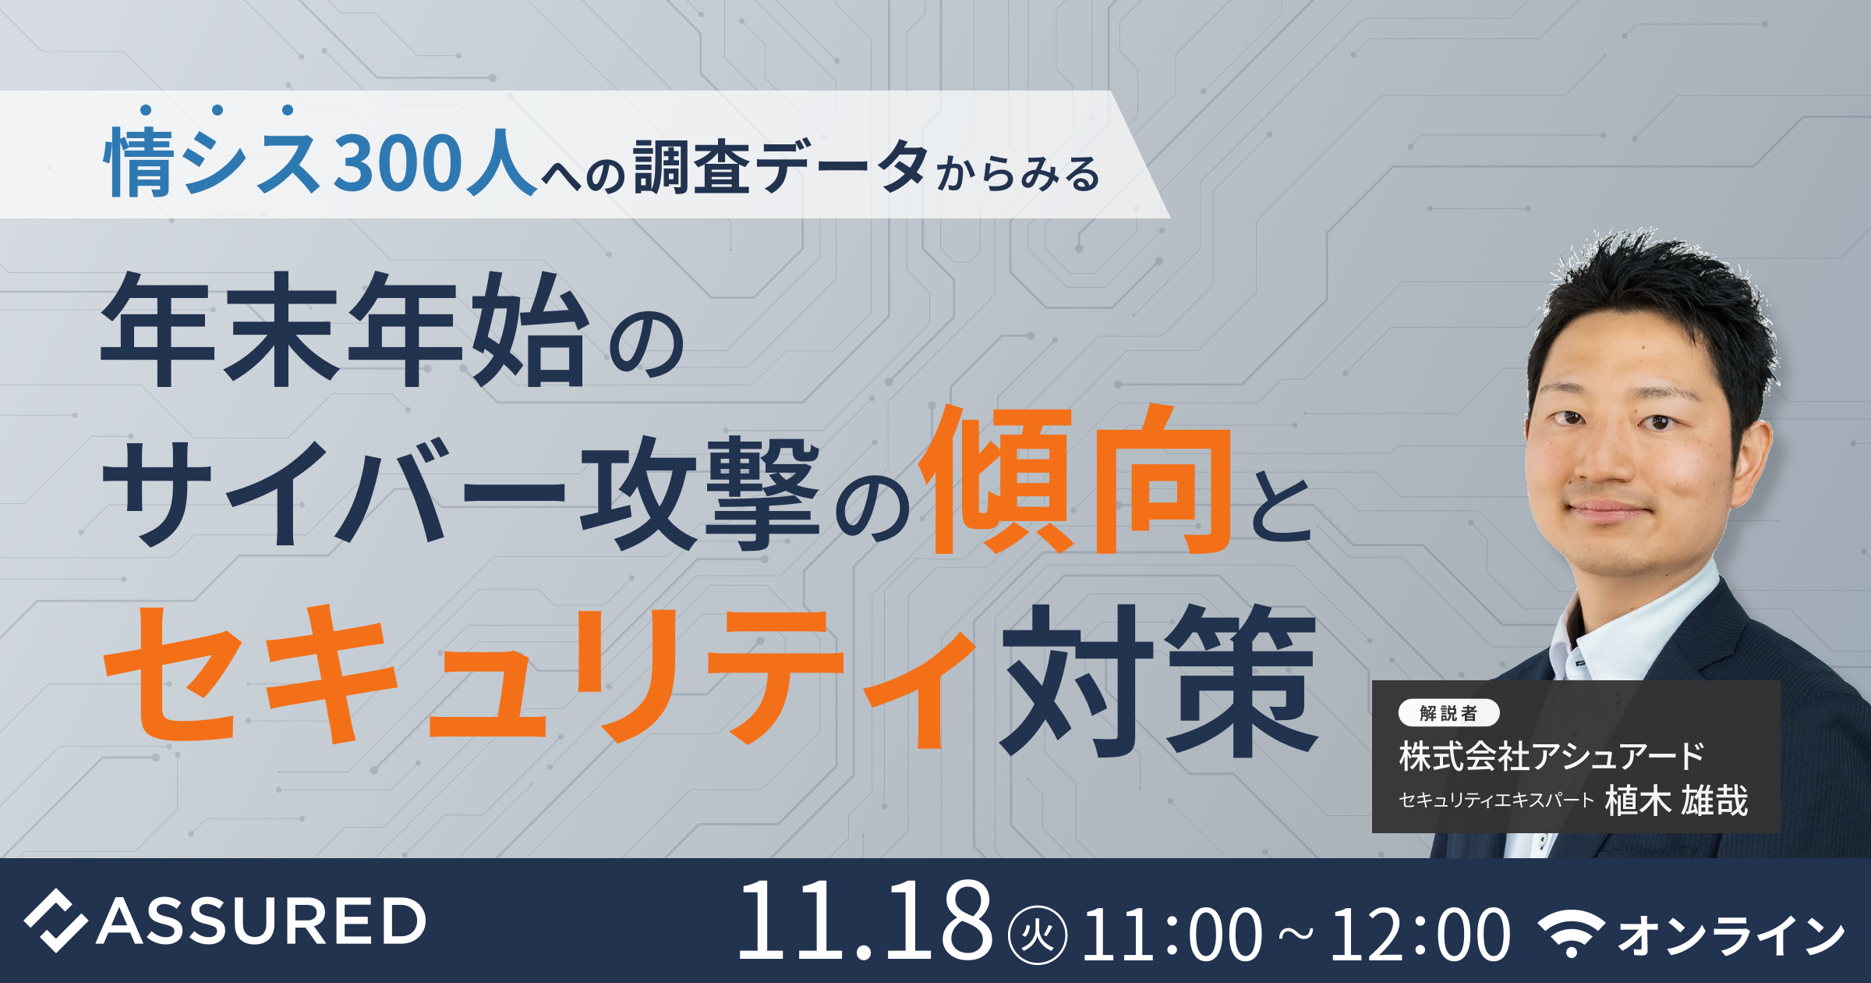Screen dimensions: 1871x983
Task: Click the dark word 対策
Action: [1158, 681]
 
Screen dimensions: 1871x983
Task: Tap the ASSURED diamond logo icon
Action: [55, 921]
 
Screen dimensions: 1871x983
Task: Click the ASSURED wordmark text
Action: [261, 921]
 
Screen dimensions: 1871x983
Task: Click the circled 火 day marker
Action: [1038, 934]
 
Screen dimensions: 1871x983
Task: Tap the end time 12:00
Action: [1420, 934]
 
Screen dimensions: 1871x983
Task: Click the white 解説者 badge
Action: [1448, 713]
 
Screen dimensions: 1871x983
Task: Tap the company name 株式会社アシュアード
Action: [1551, 756]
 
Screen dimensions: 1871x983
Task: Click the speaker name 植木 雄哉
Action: [1676, 800]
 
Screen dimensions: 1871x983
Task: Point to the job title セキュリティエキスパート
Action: [1496, 800]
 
